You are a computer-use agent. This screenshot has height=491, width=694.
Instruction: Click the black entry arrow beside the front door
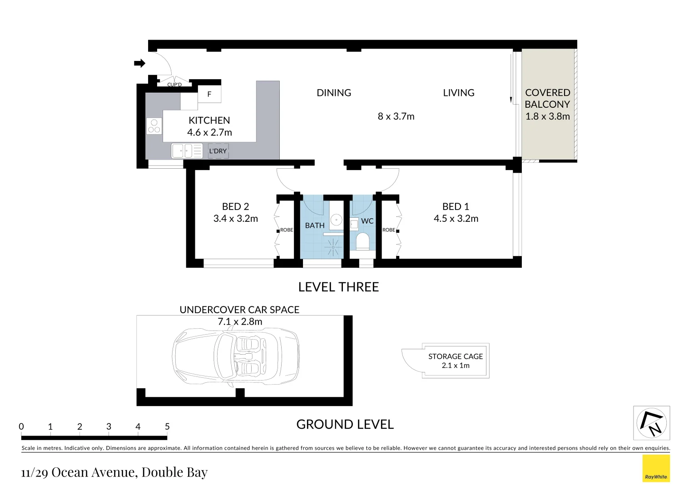139,63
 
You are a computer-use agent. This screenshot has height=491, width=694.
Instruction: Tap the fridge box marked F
209,94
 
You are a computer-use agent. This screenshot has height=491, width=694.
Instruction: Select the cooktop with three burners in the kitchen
154,126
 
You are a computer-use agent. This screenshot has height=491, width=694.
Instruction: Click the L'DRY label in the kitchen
218,151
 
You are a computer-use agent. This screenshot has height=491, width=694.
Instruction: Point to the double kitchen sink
187,151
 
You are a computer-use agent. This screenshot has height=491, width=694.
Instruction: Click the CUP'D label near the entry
174,85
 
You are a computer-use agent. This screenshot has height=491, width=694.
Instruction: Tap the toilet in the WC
362,241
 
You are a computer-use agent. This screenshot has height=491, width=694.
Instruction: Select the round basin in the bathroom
336,220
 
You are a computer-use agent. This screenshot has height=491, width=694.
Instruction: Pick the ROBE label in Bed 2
287,230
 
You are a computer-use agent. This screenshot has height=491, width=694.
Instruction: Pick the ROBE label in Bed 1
389,230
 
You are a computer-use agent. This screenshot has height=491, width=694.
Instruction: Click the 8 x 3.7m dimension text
396,116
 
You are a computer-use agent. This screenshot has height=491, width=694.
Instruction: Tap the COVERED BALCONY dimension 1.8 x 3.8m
547,116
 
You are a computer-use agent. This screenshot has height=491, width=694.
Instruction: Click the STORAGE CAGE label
456,356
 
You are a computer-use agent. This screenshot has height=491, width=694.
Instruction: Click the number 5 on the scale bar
167,426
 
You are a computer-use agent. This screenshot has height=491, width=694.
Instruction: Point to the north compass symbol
652,423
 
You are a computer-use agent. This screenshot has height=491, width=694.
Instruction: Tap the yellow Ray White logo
656,468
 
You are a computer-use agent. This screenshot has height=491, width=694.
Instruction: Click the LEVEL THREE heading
338,287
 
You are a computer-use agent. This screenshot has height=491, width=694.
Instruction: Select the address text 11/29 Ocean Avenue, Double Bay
114,472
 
